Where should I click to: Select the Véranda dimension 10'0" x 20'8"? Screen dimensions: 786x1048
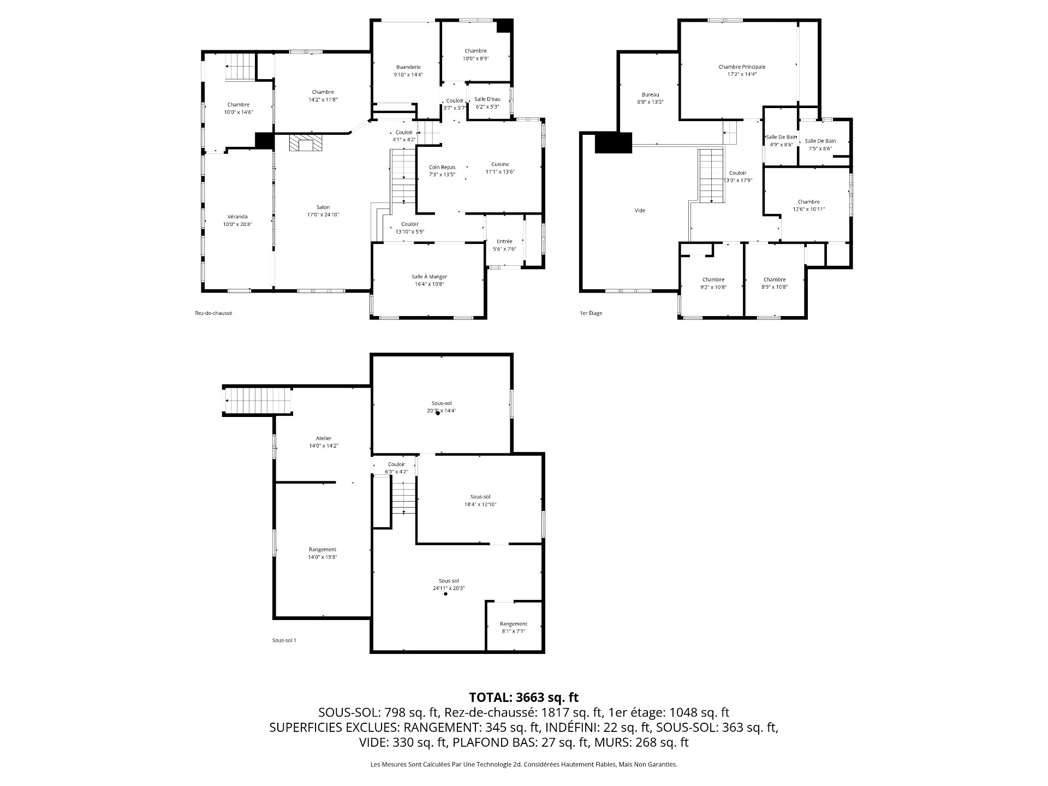238,224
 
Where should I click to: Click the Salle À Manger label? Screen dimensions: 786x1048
429,277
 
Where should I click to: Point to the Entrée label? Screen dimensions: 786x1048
504,241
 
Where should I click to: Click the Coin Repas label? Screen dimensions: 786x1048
442,168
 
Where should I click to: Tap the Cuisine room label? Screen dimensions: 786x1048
499,164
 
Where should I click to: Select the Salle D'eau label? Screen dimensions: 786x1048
487,99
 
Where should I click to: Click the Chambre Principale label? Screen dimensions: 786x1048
742,67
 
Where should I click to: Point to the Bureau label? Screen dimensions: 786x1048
650,94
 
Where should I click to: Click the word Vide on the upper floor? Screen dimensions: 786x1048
640,210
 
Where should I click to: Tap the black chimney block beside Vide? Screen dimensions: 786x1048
613,142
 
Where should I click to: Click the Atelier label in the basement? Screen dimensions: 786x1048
324,438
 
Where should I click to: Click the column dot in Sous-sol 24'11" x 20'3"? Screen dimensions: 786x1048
445,594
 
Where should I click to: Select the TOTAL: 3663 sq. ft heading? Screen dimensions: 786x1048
523,697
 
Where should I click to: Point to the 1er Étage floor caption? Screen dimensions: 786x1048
591,313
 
